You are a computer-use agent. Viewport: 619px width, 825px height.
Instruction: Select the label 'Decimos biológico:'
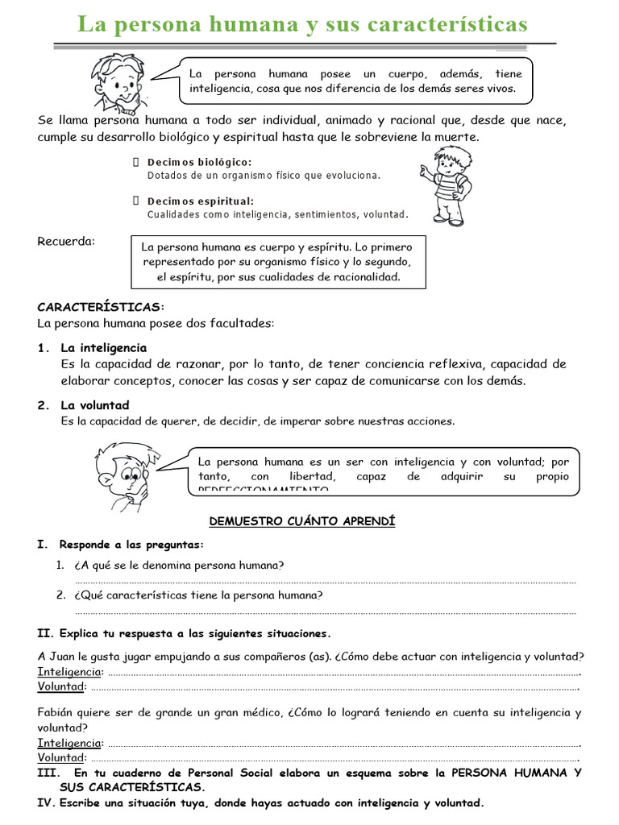[x=199, y=162]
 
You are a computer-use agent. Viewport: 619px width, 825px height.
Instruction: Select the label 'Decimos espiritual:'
[x=201, y=201]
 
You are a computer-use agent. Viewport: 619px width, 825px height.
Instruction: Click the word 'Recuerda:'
[x=66, y=241]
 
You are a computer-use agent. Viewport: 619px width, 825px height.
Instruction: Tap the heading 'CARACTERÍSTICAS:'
[x=101, y=307]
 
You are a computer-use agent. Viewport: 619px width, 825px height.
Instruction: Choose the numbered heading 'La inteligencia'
[x=104, y=348]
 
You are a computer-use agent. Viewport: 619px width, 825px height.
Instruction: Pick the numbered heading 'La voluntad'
[x=94, y=405]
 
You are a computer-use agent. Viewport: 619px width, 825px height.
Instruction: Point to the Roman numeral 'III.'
[x=47, y=773]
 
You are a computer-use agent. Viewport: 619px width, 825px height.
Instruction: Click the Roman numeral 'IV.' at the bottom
[x=45, y=803]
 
